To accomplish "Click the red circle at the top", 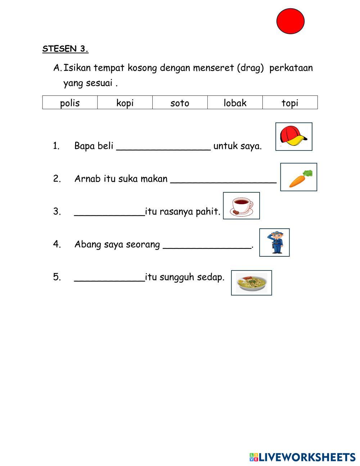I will [x=291, y=21].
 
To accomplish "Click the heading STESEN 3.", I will [x=65, y=49].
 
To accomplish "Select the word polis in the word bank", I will [x=70, y=103].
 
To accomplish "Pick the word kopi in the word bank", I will [x=125, y=103].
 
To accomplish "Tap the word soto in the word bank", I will [x=180, y=103].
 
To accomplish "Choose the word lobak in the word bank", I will [x=235, y=103].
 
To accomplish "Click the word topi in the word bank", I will [x=290, y=103].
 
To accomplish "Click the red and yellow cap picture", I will [x=294, y=136].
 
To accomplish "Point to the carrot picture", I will [x=298, y=177].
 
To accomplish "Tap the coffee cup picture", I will [x=241, y=206].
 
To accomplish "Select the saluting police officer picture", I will [x=274, y=242].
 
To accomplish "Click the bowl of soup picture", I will [x=251, y=283].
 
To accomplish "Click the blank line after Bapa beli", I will [x=164, y=146].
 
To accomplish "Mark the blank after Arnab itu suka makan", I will [x=223, y=179].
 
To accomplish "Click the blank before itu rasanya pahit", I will [x=109, y=212].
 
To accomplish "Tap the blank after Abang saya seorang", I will [x=207, y=245].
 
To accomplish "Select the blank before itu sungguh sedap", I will [x=109, y=277].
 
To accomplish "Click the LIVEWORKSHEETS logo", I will [x=302, y=457].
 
